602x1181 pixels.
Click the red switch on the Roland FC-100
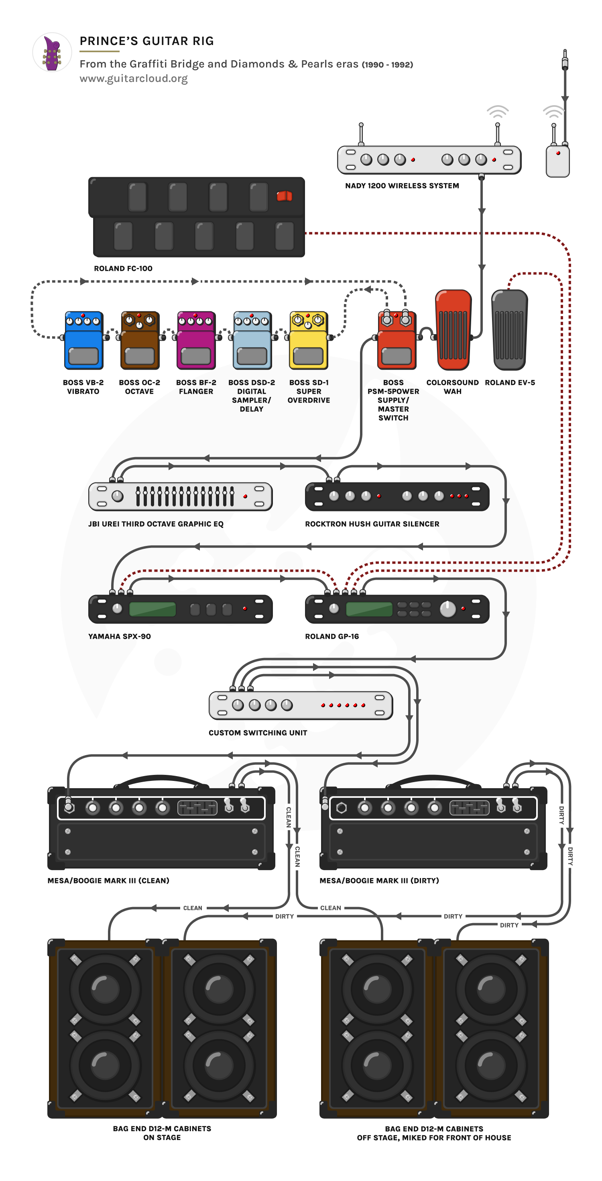point(284,196)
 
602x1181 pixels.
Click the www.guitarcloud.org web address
point(133,78)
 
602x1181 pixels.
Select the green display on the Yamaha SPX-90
point(153,609)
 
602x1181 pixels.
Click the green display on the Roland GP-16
point(369,609)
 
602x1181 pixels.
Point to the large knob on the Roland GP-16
point(447,609)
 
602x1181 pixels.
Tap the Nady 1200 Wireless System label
point(402,186)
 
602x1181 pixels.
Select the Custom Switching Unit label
point(258,733)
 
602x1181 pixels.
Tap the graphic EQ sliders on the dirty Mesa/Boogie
point(469,808)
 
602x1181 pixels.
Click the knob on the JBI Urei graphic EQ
point(118,496)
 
